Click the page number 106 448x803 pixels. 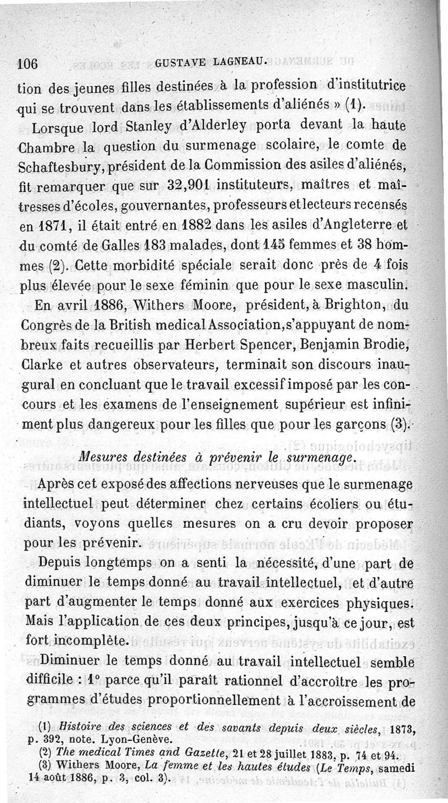27,63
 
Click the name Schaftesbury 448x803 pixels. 57,165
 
